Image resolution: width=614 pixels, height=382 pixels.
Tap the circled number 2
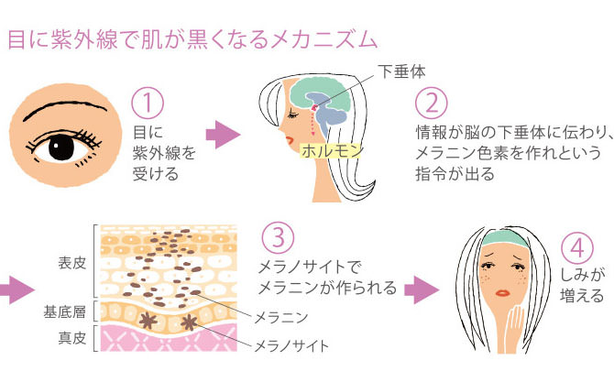point(431,102)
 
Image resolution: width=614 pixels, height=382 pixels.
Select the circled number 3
point(277,237)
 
